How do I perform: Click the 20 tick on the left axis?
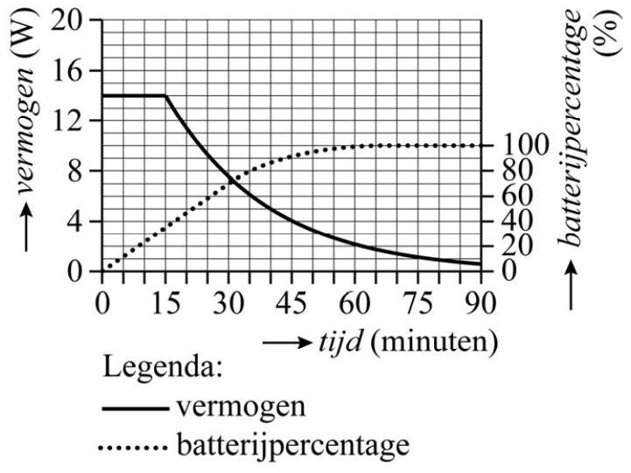78,20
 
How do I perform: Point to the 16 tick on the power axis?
78,71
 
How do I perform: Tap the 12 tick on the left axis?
78,121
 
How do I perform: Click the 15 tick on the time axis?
165,303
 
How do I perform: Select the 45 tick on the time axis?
291,303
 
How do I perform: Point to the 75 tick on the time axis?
417,303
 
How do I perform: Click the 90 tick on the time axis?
480,303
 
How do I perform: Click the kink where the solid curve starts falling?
165,96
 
